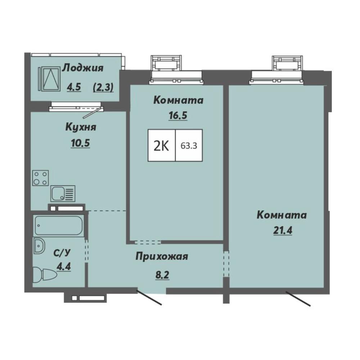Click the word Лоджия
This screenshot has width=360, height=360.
tap(83, 68)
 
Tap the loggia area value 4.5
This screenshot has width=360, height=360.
tap(74, 87)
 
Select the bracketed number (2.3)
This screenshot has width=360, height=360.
tap(103, 87)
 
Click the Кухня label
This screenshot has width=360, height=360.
tap(81, 127)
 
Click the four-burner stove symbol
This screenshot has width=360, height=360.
tap(40, 178)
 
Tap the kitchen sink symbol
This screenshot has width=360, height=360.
tap(63, 194)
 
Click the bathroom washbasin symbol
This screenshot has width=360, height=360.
tap(39, 246)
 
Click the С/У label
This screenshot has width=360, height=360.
tap(62, 253)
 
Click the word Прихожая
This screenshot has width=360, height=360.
tap(162, 257)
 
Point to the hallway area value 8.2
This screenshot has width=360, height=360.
tap(162, 275)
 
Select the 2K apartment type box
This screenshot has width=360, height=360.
tap(162, 145)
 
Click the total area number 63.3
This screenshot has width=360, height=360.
tap(189, 145)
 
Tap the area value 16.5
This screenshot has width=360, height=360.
tap(178, 116)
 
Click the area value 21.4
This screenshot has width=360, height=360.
tap(283, 230)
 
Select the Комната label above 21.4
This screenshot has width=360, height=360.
tap(282, 215)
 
